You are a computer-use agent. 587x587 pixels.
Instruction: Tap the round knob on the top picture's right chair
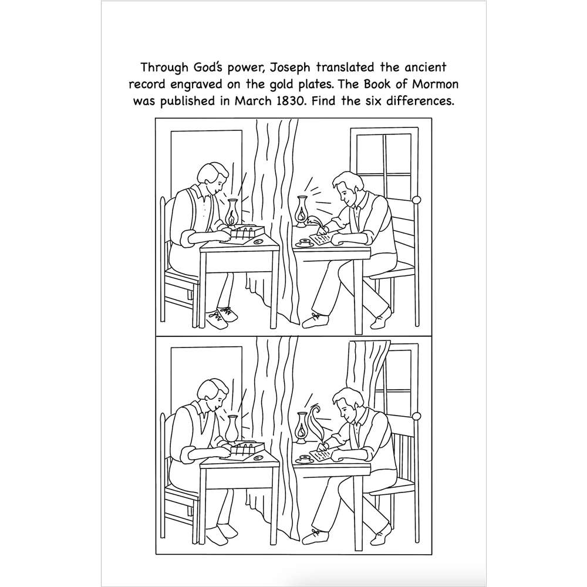click(417, 200)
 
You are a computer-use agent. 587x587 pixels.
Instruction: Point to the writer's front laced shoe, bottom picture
click(319, 535)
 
